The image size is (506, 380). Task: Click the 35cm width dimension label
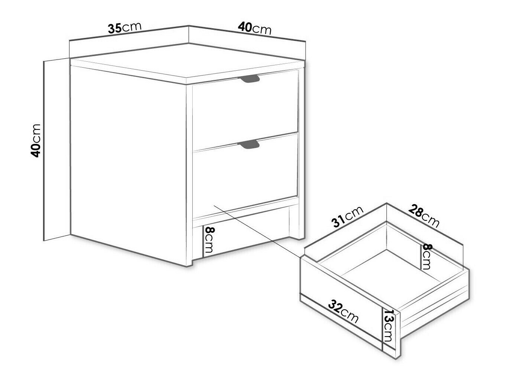tap(124, 28)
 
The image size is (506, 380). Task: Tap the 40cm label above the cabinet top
tap(255, 29)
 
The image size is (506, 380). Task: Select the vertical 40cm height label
tap(36, 141)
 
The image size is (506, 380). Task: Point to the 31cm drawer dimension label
tap(347, 216)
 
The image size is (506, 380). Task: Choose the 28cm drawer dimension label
tap(424, 216)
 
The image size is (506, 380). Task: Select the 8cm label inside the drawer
tap(427, 257)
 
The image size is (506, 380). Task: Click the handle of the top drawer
tap(250, 79)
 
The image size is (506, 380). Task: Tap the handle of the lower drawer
tap(249, 144)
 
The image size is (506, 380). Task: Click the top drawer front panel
tap(245, 110)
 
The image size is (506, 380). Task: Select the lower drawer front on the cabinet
tap(245, 175)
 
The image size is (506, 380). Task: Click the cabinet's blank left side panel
tap(128, 166)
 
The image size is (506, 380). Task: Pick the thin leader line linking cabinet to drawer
tap(257, 231)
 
